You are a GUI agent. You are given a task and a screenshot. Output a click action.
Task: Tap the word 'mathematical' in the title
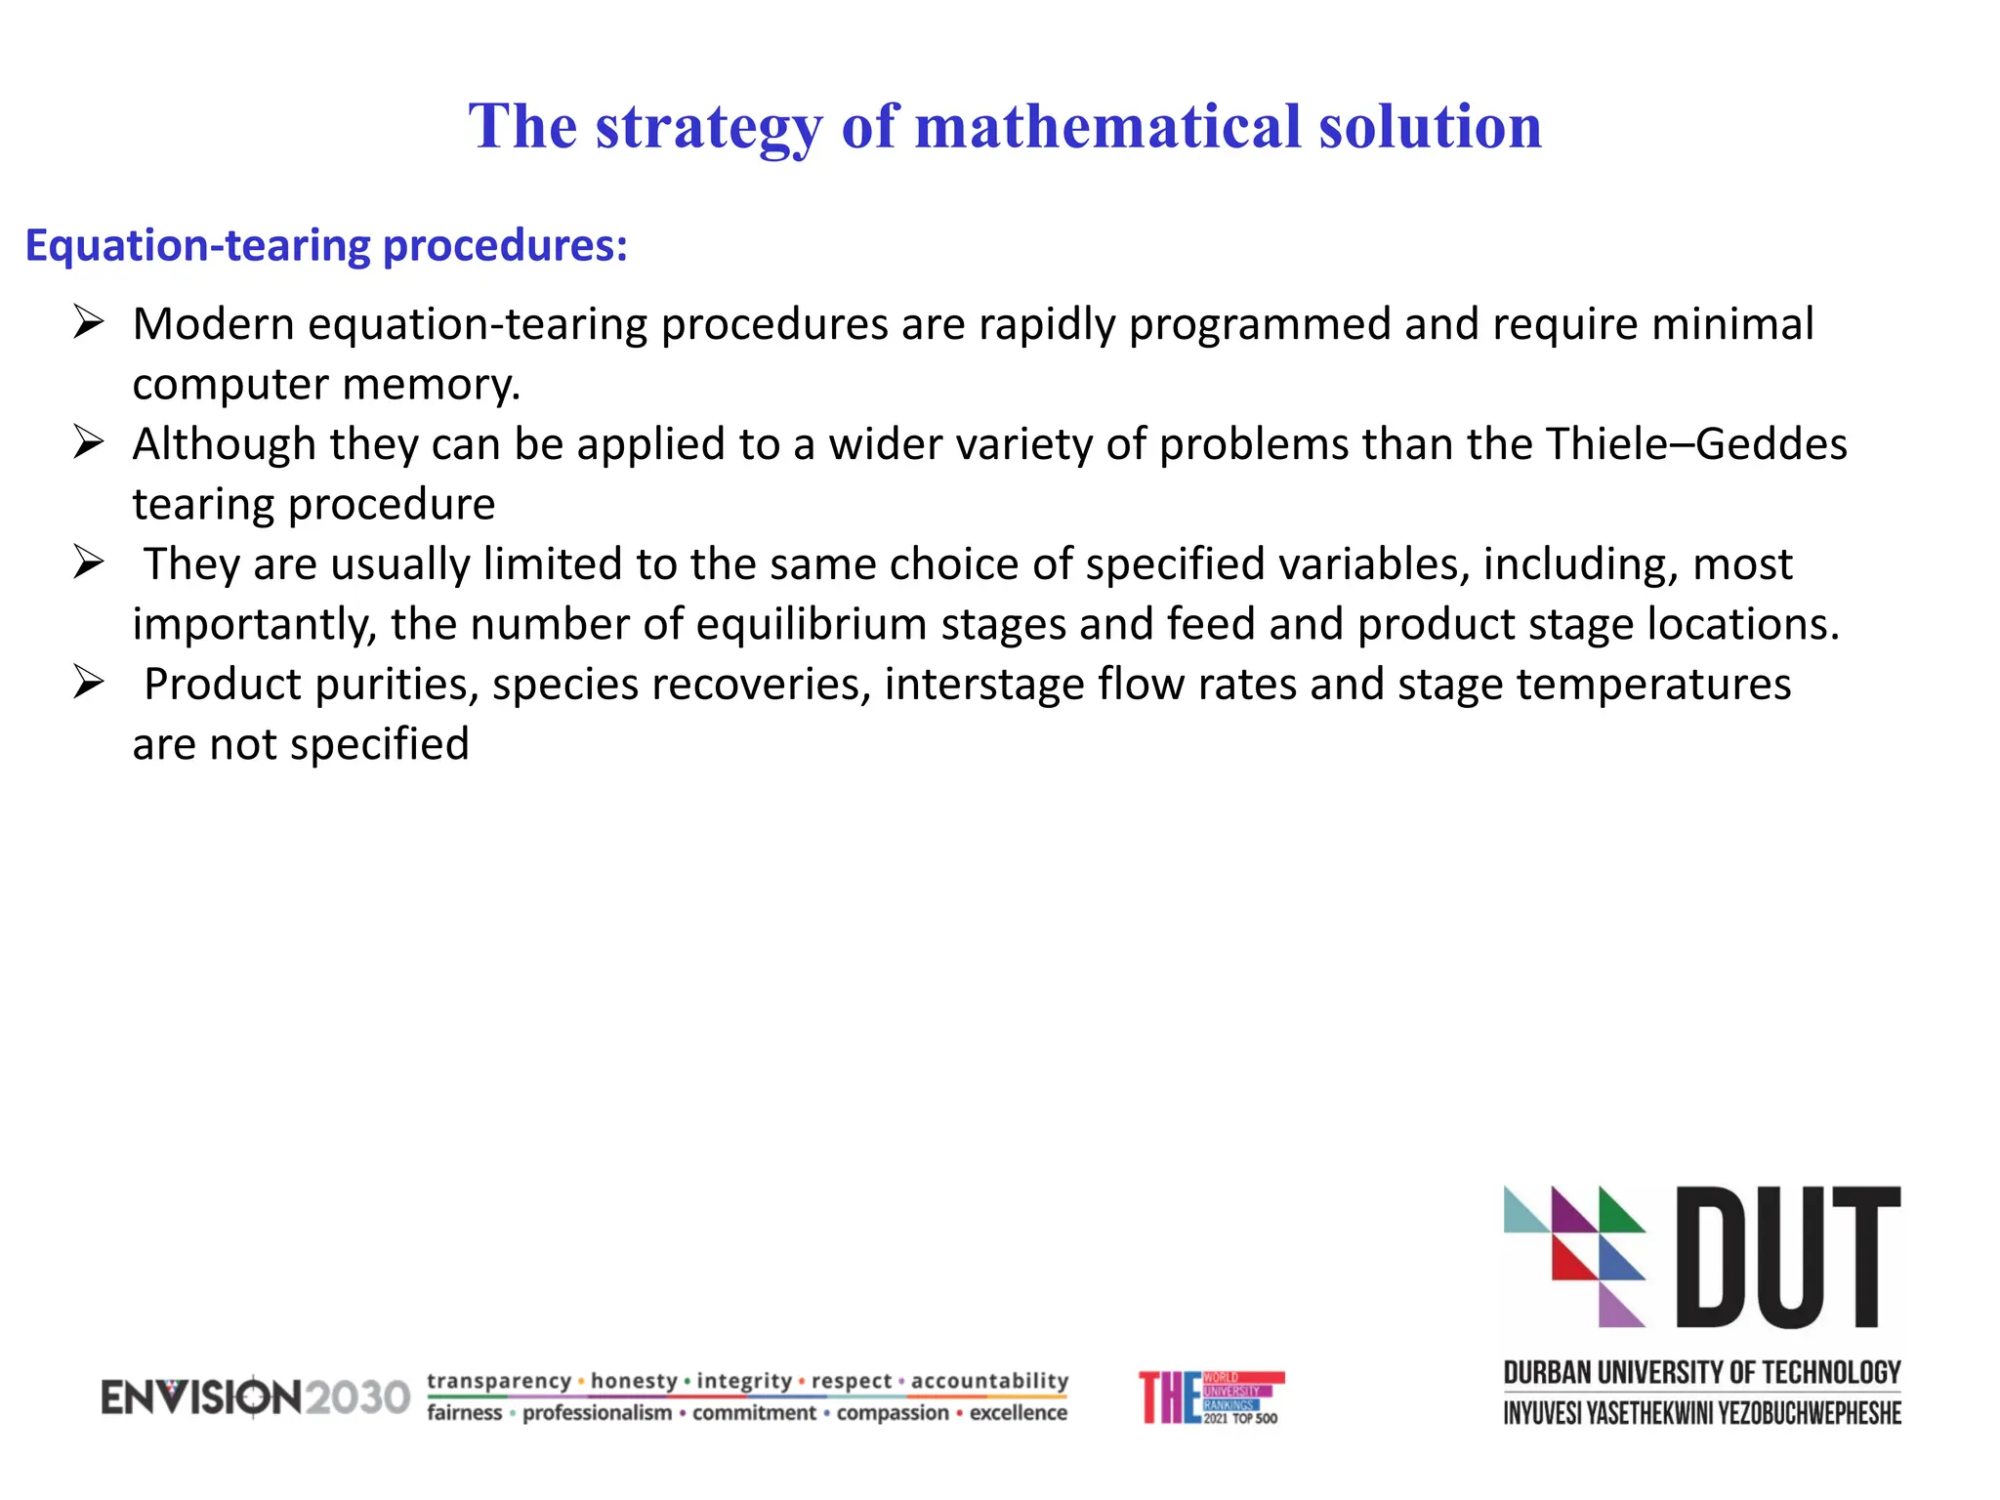click(x=1108, y=128)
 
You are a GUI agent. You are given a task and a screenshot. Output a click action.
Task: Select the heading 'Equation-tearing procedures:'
click(x=326, y=245)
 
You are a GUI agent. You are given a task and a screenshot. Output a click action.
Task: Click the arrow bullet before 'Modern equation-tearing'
click(x=89, y=322)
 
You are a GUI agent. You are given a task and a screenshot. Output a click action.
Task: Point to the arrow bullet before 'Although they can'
click(x=89, y=442)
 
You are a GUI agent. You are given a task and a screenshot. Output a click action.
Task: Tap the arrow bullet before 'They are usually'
click(x=89, y=562)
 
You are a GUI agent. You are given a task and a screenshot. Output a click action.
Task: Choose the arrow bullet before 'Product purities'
click(x=89, y=683)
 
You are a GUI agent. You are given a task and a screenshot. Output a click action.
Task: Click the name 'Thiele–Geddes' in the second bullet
click(x=1696, y=444)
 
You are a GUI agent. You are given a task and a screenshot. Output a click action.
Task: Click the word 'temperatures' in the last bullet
click(x=1653, y=685)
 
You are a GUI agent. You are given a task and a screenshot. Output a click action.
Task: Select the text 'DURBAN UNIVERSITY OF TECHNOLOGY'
click(x=1702, y=1373)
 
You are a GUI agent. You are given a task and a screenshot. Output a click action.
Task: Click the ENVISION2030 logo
click(x=256, y=1397)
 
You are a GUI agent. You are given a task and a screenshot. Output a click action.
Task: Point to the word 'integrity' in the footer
click(x=744, y=1381)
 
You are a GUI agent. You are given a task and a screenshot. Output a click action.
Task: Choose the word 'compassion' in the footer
click(x=893, y=1413)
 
